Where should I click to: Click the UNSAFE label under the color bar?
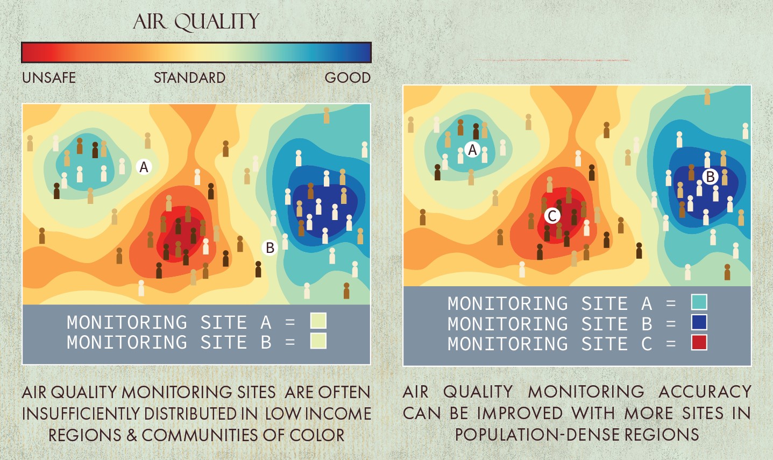[x=49, y=77]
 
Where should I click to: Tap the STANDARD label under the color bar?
[x=189, y=77]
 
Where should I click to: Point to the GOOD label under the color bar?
[x=348, y=77]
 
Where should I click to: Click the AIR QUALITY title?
[x=196, y=22]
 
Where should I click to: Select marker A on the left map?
[x=144, y=167]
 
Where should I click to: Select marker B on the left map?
[x=270, y=247]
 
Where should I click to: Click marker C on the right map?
[x=552, y=216]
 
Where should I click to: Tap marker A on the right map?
[x=472, y=150]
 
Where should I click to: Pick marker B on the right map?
[x=710, y=176]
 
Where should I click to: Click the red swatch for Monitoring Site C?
[x=699, y=342]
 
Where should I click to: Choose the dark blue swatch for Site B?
[x=699, y=322]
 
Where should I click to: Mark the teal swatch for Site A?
[x=699, y=302]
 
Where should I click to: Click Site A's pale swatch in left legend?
[x=318, y=321]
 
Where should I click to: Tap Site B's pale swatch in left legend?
[x=318, y=341]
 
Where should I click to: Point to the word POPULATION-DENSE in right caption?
[x=537, y=435]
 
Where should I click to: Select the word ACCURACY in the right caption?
[x=705, y=392]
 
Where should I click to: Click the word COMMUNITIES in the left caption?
[x=200, y=435]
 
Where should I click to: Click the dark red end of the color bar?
[x=30, y=52]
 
